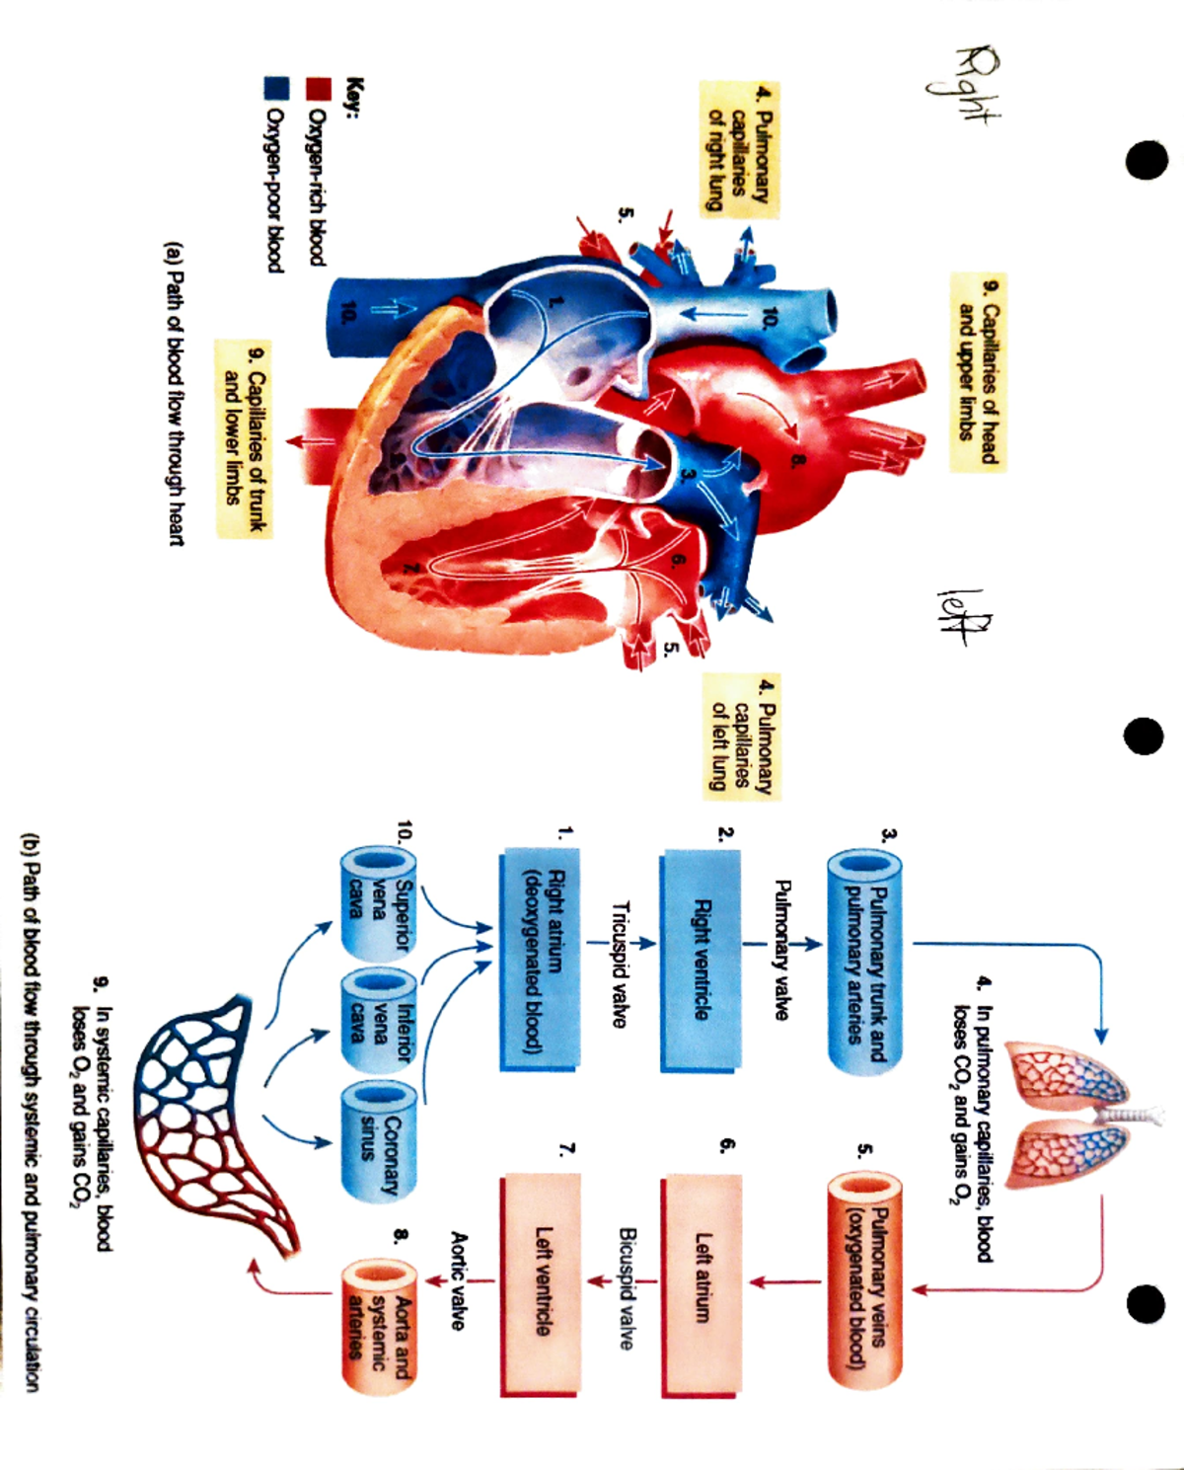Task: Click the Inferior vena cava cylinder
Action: coord(377,1022)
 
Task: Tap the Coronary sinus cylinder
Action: coord(377,1140)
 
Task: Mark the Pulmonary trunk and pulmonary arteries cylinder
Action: coord(864,962)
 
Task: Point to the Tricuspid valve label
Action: coord(620,964)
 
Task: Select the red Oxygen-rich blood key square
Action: coord(318,90)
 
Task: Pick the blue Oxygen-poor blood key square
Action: coord(275,90)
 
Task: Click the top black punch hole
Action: coord(1147,159)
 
